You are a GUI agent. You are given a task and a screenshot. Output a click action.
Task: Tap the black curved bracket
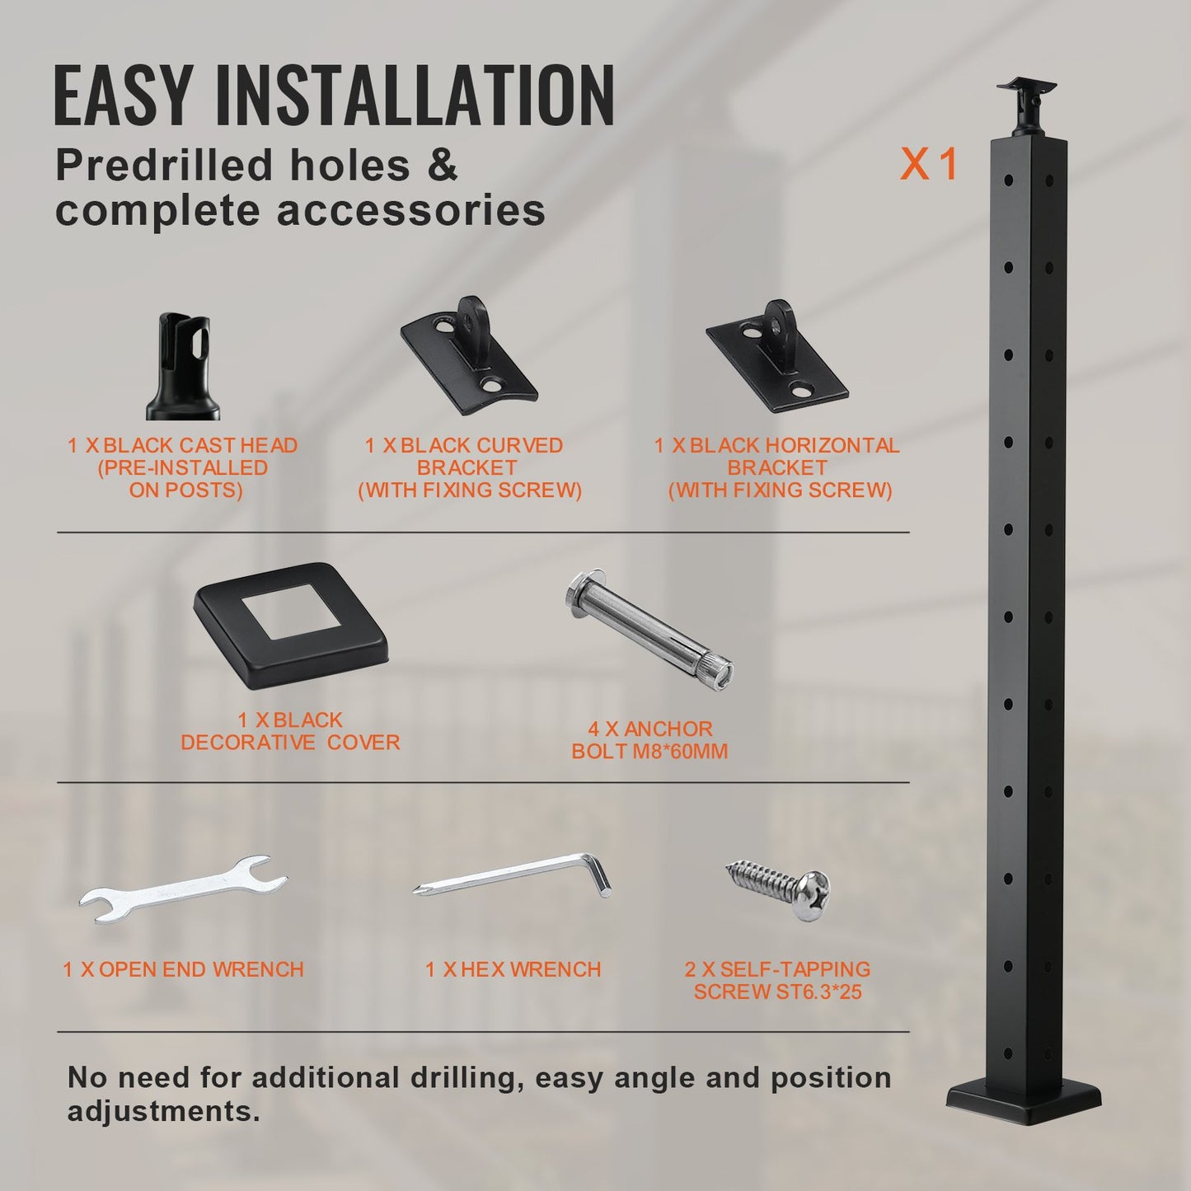(469, 353)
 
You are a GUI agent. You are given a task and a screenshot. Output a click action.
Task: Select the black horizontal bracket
(777, 356)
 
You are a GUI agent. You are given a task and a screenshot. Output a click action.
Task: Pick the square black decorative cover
(291, 623)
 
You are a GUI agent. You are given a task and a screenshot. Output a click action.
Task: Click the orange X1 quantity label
(928, 163)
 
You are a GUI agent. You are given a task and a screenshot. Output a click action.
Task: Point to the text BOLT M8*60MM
(649, 752)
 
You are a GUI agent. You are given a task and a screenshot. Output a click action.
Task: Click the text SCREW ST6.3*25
(777, 992)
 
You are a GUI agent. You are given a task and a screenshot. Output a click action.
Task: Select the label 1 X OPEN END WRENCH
(183, 969)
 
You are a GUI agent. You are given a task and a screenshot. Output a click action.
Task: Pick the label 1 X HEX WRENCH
(513, 969)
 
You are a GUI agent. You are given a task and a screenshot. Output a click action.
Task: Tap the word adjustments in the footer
(162, 1111)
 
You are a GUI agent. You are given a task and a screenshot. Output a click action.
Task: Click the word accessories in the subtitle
(410, 210)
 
